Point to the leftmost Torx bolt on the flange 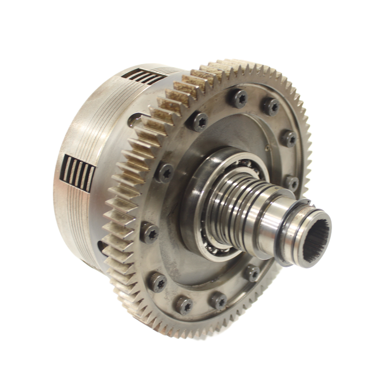click(x=150, y=233)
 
